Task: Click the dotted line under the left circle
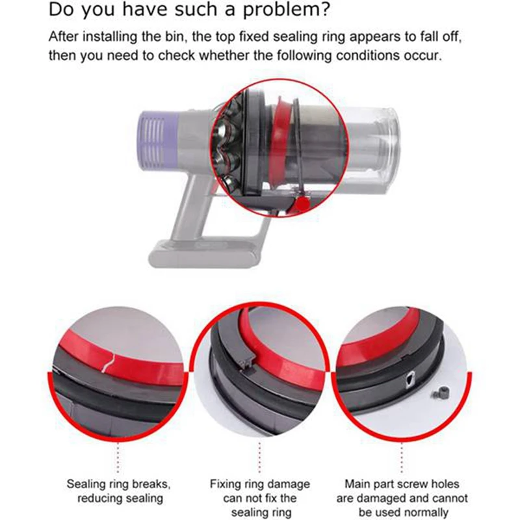(x=118, y=458)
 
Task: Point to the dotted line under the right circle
(x=403, y=458)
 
